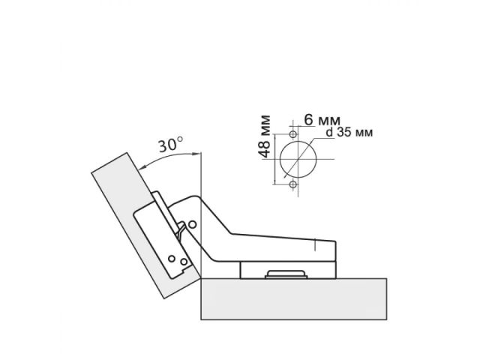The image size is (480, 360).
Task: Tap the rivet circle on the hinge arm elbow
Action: click(193, 223)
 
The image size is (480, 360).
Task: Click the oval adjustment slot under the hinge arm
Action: click(286, 274)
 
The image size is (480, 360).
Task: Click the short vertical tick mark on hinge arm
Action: click(317, 245)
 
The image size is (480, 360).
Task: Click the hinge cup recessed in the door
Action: click(161, 240)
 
